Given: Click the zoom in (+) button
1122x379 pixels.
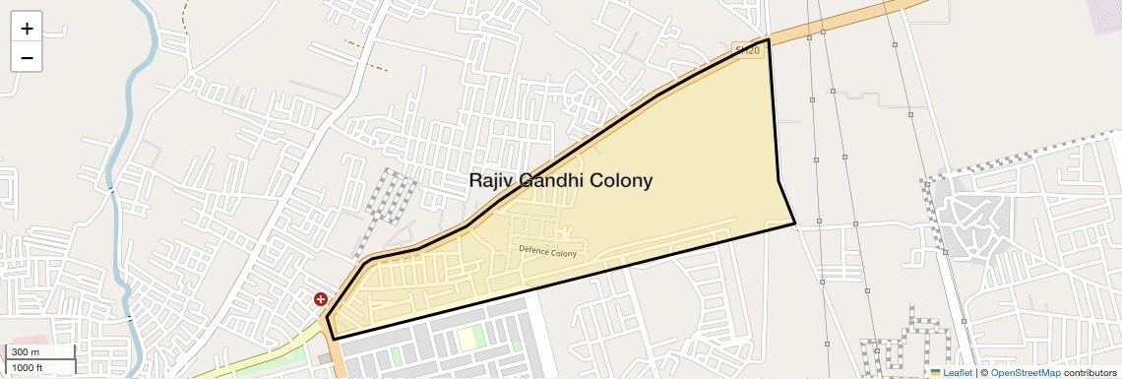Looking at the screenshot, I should point(27,29).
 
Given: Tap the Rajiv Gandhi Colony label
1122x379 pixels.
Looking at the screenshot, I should point(560,181).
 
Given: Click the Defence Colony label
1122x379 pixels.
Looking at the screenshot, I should point(547,251).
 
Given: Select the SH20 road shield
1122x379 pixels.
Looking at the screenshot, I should point(749,49).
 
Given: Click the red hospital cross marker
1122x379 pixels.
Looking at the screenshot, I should point(321,298).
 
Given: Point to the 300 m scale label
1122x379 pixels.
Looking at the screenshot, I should point(26,352).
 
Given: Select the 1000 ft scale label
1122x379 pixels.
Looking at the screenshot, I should point(28,367).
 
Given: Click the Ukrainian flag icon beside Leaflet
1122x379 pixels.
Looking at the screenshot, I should point(935,373).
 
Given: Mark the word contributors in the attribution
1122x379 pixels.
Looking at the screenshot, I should point(1090,373).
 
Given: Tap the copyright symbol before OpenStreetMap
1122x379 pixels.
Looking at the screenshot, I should point(983,373).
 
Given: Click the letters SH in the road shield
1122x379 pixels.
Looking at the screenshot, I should point(744,49).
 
